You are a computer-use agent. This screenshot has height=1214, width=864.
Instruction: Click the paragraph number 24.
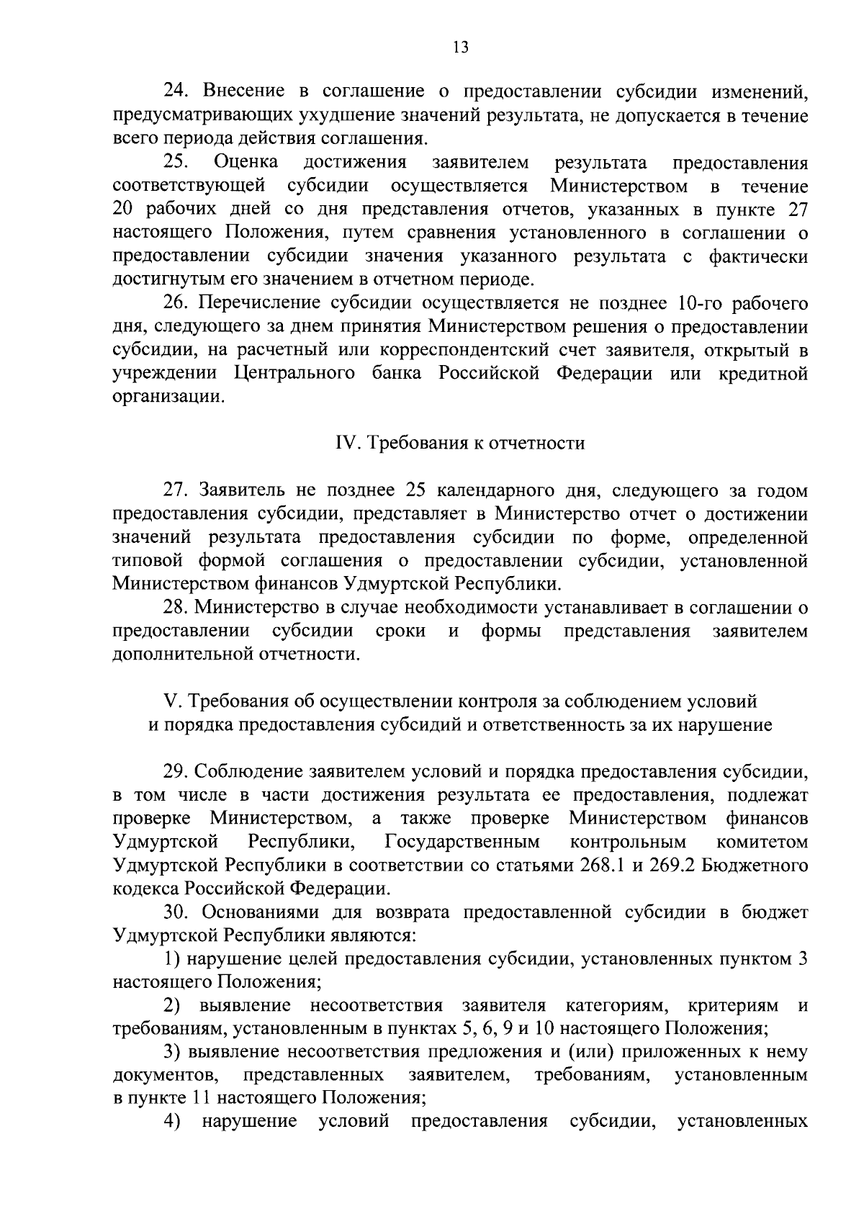[x=176, y=91]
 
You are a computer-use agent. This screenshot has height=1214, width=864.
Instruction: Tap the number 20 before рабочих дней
[x=125, y=210]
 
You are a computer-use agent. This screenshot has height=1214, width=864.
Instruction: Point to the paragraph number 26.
[x=176, y=304]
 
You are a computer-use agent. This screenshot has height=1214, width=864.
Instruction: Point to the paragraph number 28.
[x=176, y=608]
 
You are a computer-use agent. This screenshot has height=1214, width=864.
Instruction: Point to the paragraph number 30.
[x=176, y=912]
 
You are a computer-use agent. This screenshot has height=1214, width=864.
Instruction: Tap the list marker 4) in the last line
[x=173, y=1123]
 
